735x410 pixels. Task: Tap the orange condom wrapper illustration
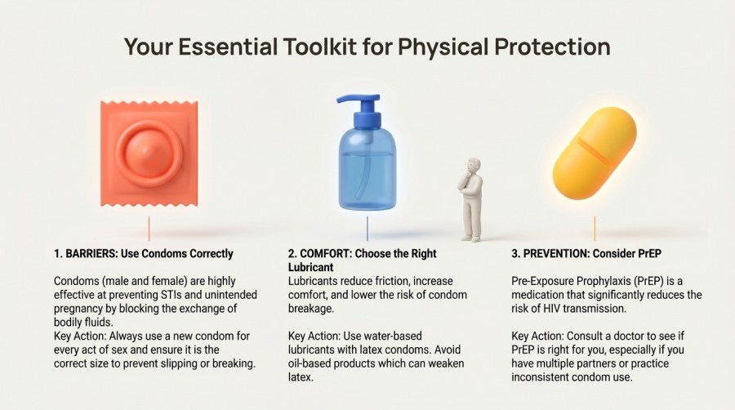click(149, 154)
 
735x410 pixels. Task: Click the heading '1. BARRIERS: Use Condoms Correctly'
click(143, 253)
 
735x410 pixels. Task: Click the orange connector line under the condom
click(149, 228)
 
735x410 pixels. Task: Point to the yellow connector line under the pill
click(594, 228)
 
